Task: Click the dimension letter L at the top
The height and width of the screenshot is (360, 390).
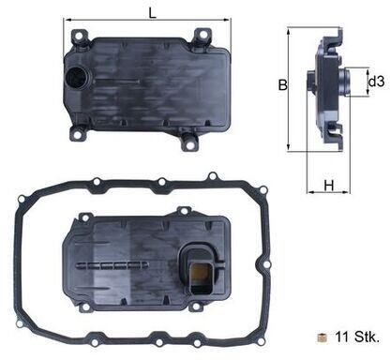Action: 152,12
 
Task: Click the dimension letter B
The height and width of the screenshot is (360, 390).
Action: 283,84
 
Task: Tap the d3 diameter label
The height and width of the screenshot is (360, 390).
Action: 376,82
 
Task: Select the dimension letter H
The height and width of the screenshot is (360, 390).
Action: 329,186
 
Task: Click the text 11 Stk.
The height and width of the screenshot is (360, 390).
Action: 357,337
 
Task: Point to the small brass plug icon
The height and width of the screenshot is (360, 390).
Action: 322,337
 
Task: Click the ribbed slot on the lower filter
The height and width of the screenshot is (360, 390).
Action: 112,265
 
